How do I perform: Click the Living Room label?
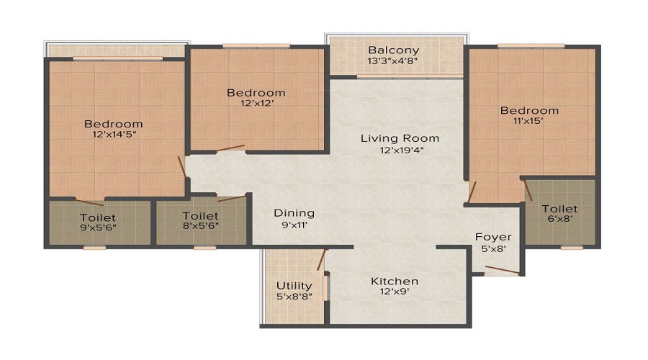point(400,138)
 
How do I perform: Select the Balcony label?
point(393,50)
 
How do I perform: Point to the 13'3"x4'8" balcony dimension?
point(393,61)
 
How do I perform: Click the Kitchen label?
point(395,281)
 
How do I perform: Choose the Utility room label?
point(294,286)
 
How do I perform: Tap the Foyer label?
point(493,237)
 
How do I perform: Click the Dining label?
point(294,212)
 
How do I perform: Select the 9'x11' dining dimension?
point(294,225)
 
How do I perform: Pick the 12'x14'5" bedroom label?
point(113,135)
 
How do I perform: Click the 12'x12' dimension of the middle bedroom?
point(256,104)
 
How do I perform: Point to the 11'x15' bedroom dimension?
point(529,122)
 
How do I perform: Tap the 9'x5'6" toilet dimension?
point(97,228)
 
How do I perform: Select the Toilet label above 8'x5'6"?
point(200,215)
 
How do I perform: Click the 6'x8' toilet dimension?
point(559,220)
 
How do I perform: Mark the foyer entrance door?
point(502,271)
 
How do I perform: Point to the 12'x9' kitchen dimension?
point(395,293)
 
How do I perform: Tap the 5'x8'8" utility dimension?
point(294,297)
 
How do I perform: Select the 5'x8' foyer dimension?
point(493,249)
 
